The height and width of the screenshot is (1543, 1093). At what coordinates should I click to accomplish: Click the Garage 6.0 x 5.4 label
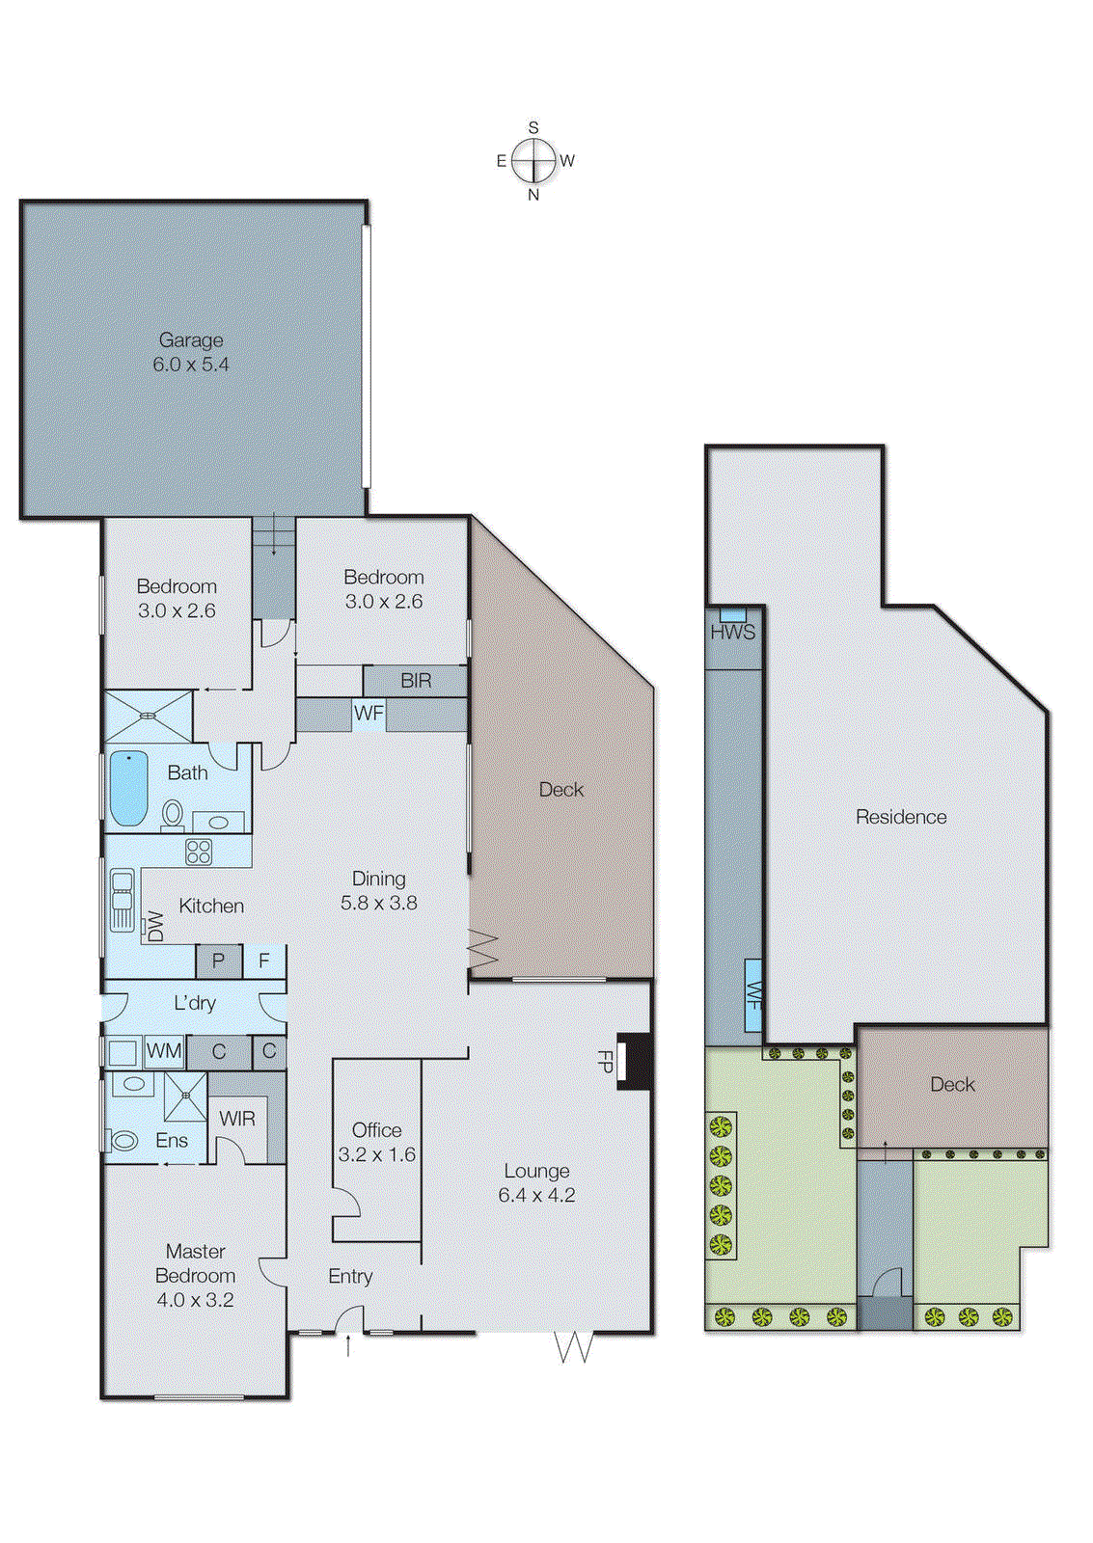coord(191,352)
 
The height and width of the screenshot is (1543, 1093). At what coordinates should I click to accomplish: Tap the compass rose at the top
coord(533,160)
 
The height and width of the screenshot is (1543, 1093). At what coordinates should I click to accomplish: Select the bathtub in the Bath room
coord(128,789)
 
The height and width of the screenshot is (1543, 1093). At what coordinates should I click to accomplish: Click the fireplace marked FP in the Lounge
coord(634,1062)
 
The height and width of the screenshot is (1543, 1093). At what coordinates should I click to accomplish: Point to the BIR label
coord(416,681)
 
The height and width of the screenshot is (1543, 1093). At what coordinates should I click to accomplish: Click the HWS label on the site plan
coord(733,633)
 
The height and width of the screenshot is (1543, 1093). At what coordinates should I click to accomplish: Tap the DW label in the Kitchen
coord(154,927)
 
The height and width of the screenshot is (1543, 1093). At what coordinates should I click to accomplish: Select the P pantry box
coord(219,961)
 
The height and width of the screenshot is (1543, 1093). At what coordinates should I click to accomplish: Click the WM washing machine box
coord(164,1051)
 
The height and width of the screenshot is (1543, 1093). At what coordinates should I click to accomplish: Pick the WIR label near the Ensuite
coord(237,1119)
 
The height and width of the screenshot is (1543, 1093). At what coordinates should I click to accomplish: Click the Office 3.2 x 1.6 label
coord(376,1142)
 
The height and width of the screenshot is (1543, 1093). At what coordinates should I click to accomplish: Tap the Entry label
coord(350,1276)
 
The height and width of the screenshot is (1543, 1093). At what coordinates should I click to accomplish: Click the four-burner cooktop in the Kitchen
coord(199,852)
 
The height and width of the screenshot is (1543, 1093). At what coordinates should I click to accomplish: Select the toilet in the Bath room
coord(173,815)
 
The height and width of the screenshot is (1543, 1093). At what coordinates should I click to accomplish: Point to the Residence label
coord(901,817)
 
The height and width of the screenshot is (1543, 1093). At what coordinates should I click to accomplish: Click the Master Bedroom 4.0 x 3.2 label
coord(195,1275)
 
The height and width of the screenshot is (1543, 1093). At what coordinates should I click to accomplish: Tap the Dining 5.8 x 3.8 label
coord(378,890)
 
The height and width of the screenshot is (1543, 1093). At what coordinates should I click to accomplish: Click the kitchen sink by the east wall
coord(122,901)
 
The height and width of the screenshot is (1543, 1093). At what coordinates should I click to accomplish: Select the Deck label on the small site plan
coord(952,1084)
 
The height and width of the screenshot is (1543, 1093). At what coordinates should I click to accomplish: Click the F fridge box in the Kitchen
coord(263,961)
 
